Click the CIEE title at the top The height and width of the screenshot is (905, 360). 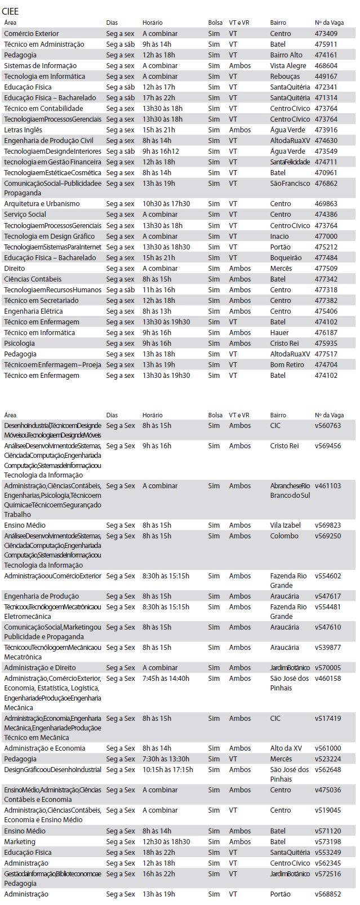click(x=10, y=11)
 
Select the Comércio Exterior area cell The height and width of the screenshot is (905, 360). click(x=31, y=34)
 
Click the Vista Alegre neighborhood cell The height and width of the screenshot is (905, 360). click(x=288, y=66)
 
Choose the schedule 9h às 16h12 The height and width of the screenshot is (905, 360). click(x=161, y=151)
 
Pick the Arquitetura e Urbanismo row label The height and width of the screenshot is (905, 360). click(x=42, y=204)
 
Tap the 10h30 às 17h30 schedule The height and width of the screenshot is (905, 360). click(x=166, y=204)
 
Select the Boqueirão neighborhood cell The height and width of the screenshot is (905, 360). click(x=286, y=258)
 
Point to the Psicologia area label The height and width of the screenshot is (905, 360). click(x=19, y=344)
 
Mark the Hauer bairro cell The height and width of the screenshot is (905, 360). click(x=279, y=333)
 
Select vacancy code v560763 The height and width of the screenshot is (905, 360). click(x=327, y=426)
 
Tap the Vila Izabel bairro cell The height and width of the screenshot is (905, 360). click(x=285, y=525)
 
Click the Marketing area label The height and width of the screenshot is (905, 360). click(x=19, y=842)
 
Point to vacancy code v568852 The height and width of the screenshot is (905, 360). click(x=327, y=894)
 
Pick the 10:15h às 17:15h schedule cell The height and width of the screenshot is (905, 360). click(x=167, y=770)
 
